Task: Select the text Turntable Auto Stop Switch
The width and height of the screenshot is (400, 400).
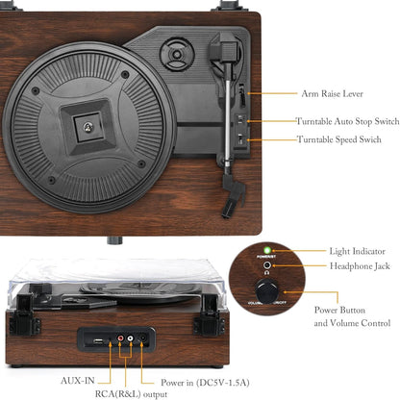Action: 347,122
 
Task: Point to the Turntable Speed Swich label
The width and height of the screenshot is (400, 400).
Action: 340,140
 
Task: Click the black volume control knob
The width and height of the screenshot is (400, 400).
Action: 263,289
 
